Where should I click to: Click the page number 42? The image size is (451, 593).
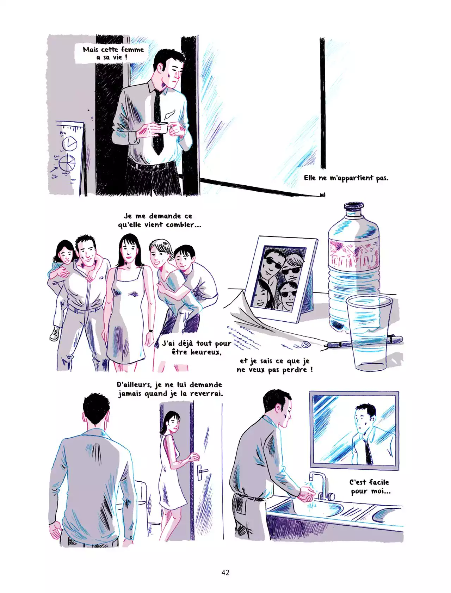[225, 573]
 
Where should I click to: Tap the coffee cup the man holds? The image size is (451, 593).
[163, 128]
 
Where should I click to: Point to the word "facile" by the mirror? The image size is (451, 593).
[379, 482]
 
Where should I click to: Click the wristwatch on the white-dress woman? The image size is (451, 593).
[150, 331]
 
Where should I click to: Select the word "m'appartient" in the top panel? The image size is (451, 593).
[351, 178]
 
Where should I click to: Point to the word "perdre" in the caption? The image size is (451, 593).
[296, 370]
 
